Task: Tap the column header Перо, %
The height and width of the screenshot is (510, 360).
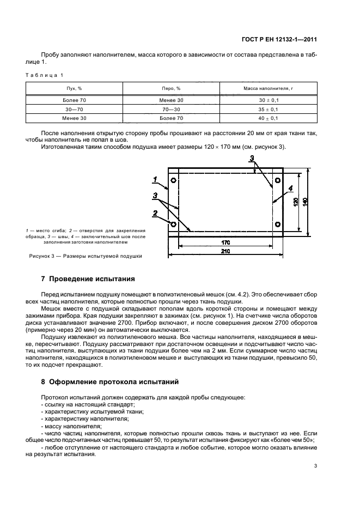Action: tap(172, 88)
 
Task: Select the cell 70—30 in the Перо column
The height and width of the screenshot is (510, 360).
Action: tap(172, 110)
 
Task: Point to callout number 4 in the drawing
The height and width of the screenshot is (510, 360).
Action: tap(291, 188)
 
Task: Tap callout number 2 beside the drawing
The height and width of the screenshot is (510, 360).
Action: tap(155, 213)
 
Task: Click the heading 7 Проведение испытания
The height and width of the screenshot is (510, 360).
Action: tap(88, 279)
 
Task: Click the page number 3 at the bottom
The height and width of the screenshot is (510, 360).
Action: tap(315, 465)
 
